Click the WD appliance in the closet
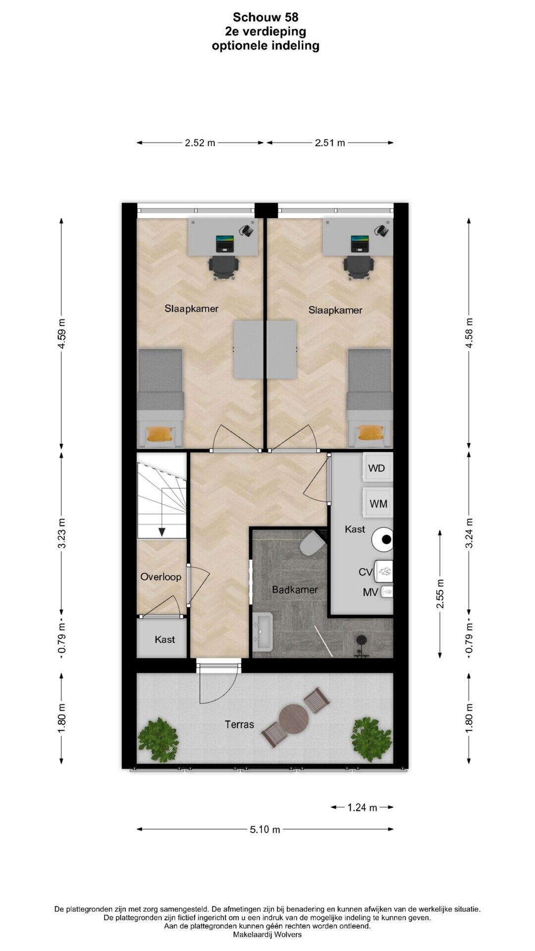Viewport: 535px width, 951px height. [x=378, y=468]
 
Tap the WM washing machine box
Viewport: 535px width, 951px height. [x=378, y=503]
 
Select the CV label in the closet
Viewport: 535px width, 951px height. [x=366, y=572]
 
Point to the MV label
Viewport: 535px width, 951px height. [x=371, y=592]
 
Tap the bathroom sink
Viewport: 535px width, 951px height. [x=263, y=632]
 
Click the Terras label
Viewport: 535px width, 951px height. [x=239, y=725]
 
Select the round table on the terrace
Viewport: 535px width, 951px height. [x=294, y=719]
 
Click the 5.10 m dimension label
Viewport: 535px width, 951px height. [x=265, y=829]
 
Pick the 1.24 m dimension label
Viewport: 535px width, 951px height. [x=362, y=807]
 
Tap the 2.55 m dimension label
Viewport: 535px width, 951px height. [x=440, y=593]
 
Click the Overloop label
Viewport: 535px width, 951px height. [x=160, y=577]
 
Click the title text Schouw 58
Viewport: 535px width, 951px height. [x=266, y=17]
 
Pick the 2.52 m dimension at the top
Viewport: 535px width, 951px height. [x=200, y=143]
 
